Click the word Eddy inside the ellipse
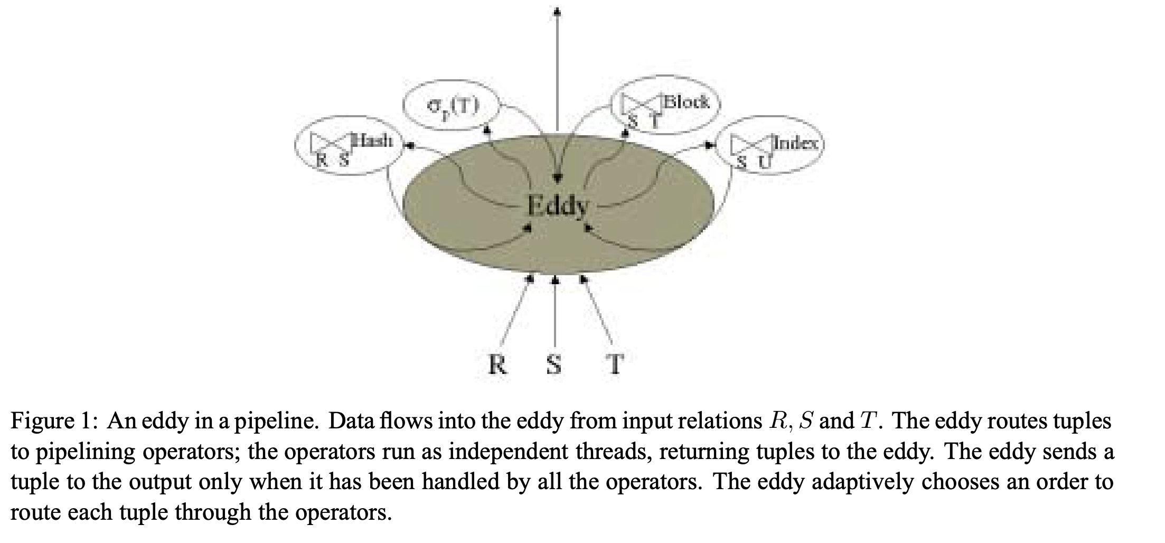(557, 205)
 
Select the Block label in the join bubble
(686, 102)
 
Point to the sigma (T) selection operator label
(453, 107)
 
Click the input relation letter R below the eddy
(497, 364)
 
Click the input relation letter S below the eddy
(553, 364)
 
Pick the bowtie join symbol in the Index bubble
(753, 147)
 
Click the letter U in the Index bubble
(764, 163)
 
